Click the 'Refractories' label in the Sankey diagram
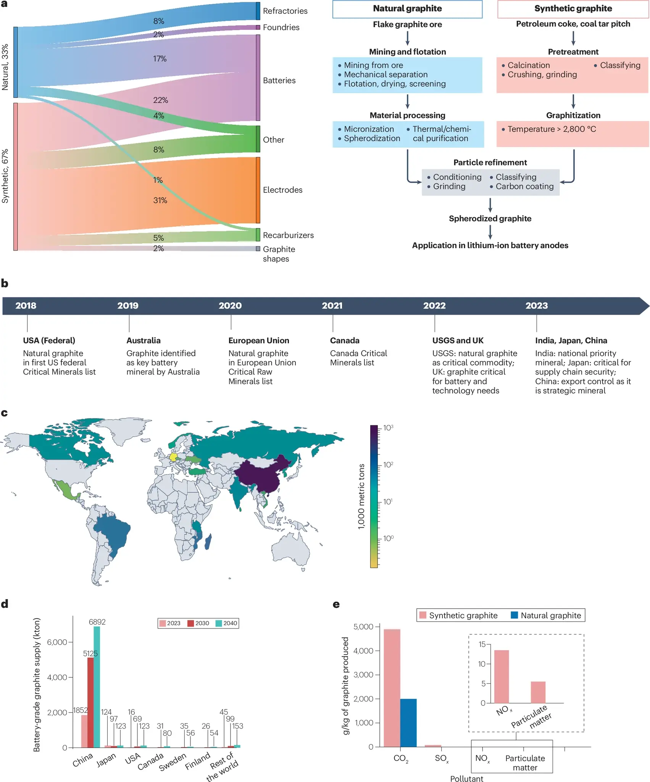[285, 11]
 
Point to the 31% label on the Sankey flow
[160, 200]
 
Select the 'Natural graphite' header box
[407, 9]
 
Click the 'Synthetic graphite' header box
[573, 9]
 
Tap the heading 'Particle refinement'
[490, 162]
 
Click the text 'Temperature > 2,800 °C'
[552, 129]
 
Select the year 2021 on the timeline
[332, 305]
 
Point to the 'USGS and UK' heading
[458, 340]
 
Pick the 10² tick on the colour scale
[388, 465]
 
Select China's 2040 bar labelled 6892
[97, 687]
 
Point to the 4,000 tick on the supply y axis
[57, 677]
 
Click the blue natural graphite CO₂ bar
[408, 723]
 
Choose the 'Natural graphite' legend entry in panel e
[546, 615]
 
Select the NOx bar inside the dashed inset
[501, 676]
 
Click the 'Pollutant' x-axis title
[466, 779]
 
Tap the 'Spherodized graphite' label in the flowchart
[490, 218]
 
